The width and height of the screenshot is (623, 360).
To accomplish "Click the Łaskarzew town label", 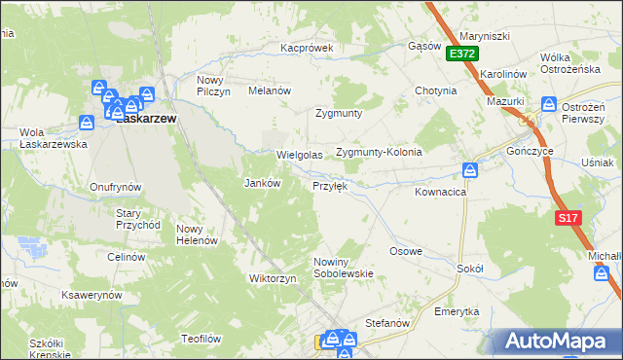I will click(x=146, y=119).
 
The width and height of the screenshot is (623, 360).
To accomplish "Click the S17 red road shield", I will click(x=568, y=219).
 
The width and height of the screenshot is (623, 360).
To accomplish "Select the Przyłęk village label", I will click(x=329, y=185).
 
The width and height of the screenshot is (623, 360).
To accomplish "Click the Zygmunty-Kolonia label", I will click(x=378, y=153).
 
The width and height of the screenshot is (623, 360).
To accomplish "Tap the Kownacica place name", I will click(x=441, y=193).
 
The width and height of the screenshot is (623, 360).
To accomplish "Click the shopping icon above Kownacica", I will click(x=470, y=170).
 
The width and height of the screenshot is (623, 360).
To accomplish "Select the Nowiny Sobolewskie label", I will click(x=344, y=268).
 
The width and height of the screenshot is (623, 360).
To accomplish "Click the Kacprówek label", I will click(x=307, y=47).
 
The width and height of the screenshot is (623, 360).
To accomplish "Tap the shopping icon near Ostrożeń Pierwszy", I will click(x=550, y=103).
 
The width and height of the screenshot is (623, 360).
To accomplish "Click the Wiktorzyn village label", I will click(x=273, y=278).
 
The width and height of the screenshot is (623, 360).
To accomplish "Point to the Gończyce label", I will click(x=531, y=152).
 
